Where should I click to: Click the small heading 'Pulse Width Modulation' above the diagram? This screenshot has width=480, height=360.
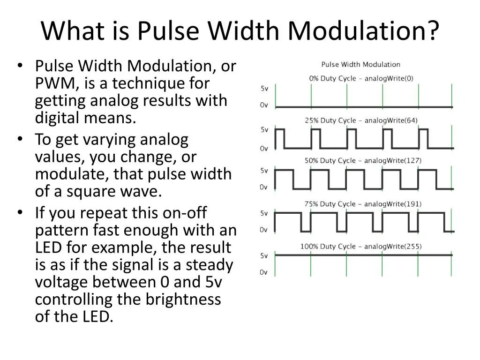(360, 64)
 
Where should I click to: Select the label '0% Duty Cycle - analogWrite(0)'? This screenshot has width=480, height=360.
(361, 78)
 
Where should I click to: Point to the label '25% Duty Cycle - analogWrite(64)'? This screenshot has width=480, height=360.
(361, 120)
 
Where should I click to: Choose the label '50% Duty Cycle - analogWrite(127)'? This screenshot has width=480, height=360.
(363, 160)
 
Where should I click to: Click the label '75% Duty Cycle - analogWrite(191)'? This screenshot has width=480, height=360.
(363, 204)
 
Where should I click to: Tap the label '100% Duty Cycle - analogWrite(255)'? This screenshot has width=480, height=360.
(360, 246)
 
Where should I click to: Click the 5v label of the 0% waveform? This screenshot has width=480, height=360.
(264, 88)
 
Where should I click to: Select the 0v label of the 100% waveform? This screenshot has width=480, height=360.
(264, 272)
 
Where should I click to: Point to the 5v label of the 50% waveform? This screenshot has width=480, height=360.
(264, 170)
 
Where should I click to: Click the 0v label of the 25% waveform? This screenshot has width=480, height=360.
(264, 148)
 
